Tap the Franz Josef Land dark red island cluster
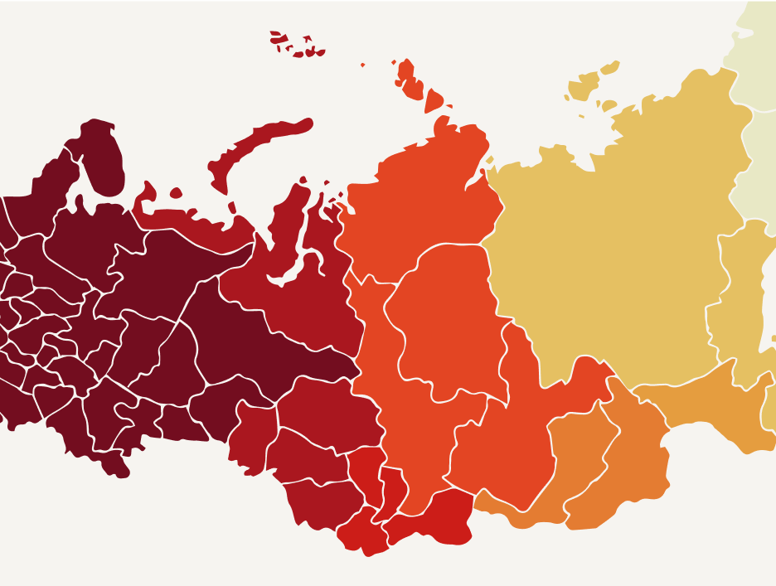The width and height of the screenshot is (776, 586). [294, 46]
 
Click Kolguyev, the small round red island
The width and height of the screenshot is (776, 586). [176, 193]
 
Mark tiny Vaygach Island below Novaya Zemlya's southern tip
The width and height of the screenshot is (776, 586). [231, 207]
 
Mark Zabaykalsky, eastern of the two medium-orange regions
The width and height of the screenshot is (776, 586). [630, 464]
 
